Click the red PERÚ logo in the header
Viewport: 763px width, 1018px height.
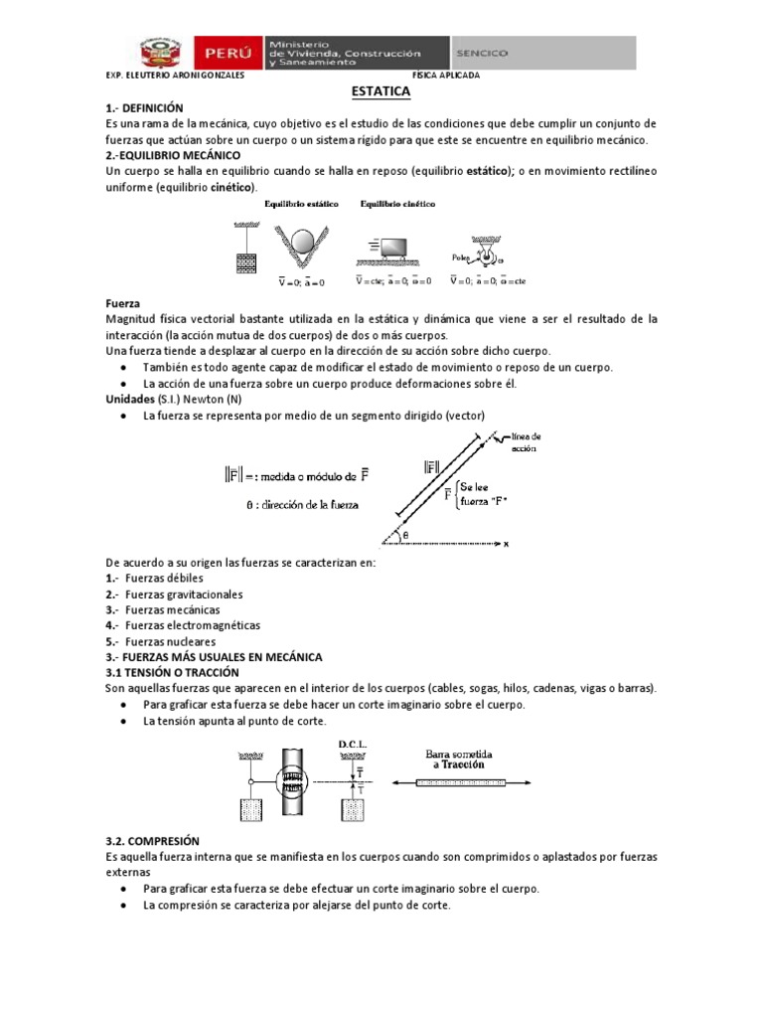[x=229, y=52]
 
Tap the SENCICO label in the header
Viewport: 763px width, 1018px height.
[x=482, y=52]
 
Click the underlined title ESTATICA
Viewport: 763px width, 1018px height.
[x=381, y=90]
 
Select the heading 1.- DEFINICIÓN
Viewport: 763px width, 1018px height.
[x=144, y=107]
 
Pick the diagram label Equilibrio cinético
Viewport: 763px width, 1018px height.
[x=397, y=204]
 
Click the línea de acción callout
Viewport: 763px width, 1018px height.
[x=527, y=443]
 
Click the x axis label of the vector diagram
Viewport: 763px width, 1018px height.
[x=506, y=544]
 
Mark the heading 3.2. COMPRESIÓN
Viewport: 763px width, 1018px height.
[x=152, y=840]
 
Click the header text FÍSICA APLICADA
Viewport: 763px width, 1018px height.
[x=446, y=76]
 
